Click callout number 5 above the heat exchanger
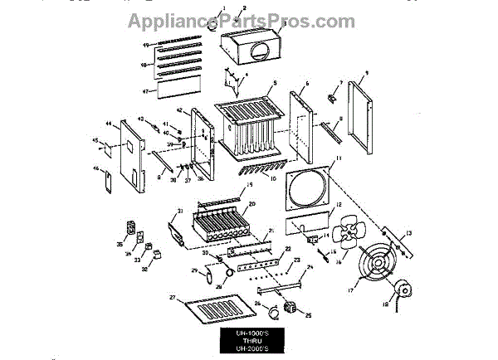(x=262, y=85)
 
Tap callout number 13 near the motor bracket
(x=408, y=233)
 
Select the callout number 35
(x=119, y=246)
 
